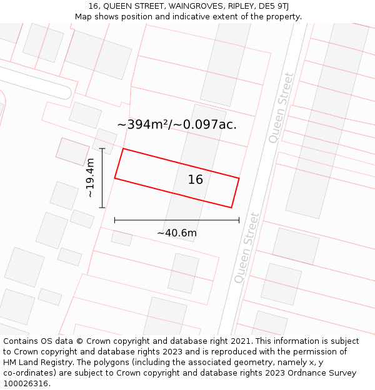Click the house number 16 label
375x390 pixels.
click(x=196, y=180)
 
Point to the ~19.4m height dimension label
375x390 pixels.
click(x=91, y=178)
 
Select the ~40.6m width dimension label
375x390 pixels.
click(x=177, y=233)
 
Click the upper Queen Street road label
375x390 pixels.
click(x=281, y=108)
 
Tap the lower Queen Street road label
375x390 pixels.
click(x=246, y=248)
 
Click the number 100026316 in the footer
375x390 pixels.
click(x=26, y=384)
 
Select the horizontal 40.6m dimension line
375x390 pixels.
click(x=177, y=220)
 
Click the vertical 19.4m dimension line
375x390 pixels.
click(x=102, y=178)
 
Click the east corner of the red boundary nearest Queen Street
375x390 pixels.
click(x=239, y=178)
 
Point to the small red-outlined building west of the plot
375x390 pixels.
click(x=72, y=152)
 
